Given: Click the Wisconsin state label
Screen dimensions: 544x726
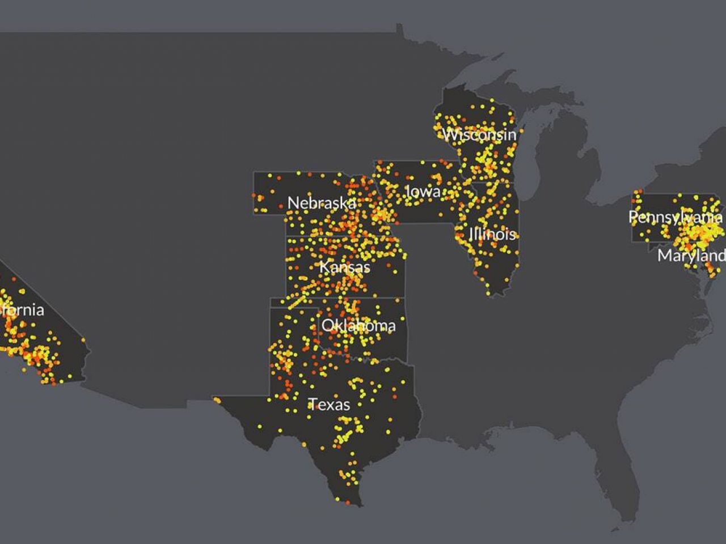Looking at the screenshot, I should [x=479, y=135].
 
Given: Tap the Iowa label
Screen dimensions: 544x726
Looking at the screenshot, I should [x=423, y=192].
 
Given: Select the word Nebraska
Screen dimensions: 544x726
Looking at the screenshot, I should [x=322, y=203].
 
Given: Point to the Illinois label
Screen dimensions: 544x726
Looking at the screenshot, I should [x=492, y=233].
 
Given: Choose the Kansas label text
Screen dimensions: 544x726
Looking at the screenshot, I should [x=344, y=267].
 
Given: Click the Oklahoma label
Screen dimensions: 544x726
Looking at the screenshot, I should [x=358, y=325].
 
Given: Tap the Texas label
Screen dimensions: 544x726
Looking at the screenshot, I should [x=329, y=404].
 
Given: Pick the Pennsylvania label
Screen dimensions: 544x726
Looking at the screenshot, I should [x=675, y=216].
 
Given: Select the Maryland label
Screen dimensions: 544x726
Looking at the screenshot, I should [x=691, y=256].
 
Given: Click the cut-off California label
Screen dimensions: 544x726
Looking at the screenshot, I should [x=22, y=310].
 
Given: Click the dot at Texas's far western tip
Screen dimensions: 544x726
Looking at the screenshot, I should [x=217, y=401].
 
